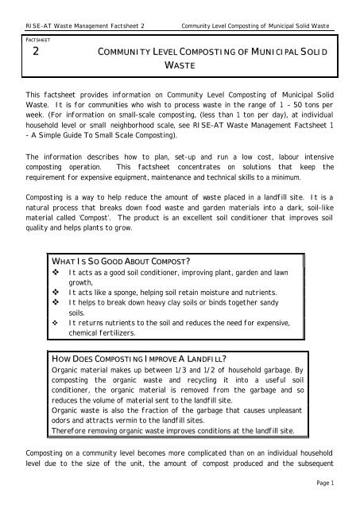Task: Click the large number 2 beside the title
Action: click(x=34, y=52)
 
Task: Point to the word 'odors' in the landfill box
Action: click(x=61, y=419)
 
